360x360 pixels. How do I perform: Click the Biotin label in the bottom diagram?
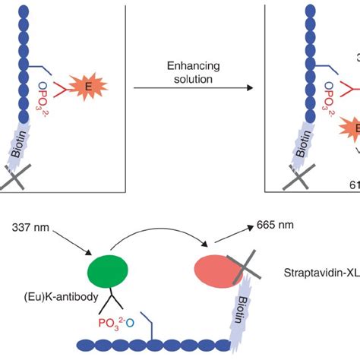tap(240, 304)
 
